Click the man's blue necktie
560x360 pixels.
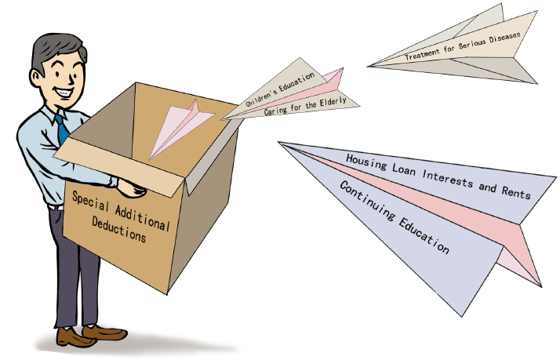click(x=61, y=129)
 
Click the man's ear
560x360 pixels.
click(x=35, y=78)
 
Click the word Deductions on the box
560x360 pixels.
click(x=119, y=229)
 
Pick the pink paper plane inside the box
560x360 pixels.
click(x=180, y=128)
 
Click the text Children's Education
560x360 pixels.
click(x=280, y=89)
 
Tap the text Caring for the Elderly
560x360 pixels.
click(x=305, y=106)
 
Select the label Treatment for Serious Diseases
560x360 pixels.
click(x=463, y=46)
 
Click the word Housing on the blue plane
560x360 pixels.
click(x=366, y=162)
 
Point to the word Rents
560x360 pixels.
click(x=516, y=192)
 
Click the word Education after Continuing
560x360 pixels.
click(x=424, y=235)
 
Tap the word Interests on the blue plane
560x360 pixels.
click(x=448, y=178)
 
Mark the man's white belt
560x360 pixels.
click(x=56, y=208)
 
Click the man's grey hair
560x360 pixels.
click(x=57, y=50)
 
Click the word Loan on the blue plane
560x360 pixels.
click(x=404, y=169)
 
